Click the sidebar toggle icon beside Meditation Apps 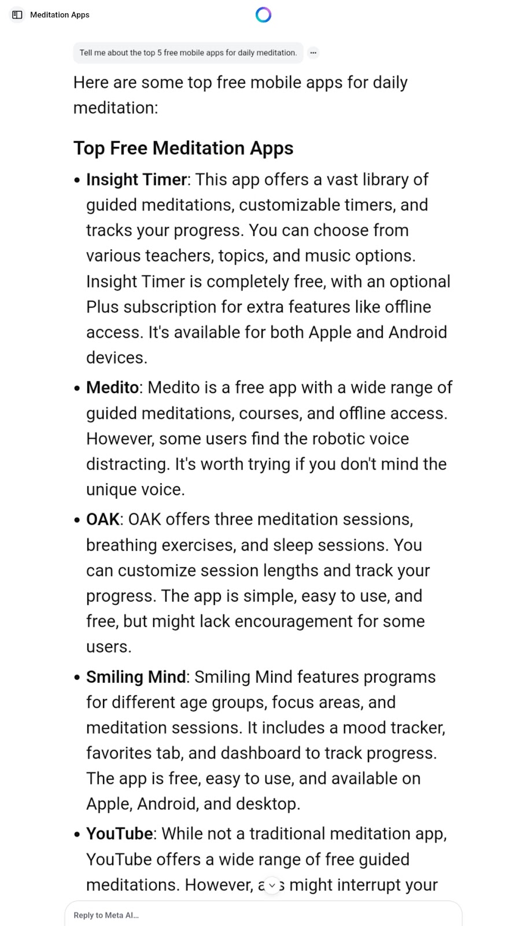tap(17, 14)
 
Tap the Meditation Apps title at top tap(60, 14)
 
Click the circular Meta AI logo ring tap(263, 14)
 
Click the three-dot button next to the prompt tap(313, 53)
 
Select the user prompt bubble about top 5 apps tap(188, 53)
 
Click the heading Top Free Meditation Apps tap(183, 148)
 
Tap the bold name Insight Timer tap(137, 179)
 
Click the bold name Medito tap(113, 387)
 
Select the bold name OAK tap(103, 519)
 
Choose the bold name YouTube tap(120, 833)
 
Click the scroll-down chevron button tap(272, 885)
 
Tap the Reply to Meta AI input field tap(263, 915)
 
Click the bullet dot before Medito tap(78, 388)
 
